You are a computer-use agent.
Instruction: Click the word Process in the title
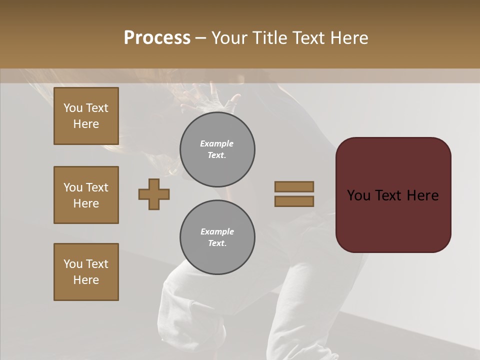157,38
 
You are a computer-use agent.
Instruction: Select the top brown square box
86,116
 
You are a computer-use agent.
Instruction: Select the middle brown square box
86,195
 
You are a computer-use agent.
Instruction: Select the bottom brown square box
86,272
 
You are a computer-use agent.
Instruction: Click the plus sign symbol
154,194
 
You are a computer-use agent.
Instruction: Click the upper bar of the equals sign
294,186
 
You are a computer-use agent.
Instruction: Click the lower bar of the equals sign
294,201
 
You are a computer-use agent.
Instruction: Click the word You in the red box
359,195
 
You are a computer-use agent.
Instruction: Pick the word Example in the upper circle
217,143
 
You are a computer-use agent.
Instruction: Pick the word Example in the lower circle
217,231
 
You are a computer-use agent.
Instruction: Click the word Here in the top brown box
86,124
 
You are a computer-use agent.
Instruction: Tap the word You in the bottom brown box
73,264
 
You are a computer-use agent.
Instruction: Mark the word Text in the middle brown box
97,187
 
